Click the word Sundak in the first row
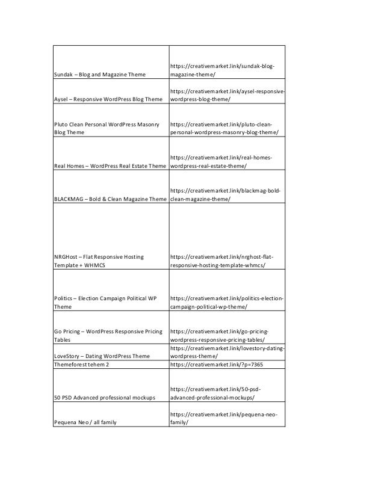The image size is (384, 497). (x=64, y=75)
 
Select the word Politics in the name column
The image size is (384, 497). (x=66, y=298)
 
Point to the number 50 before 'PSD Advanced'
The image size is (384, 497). (x=58, y=398)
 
